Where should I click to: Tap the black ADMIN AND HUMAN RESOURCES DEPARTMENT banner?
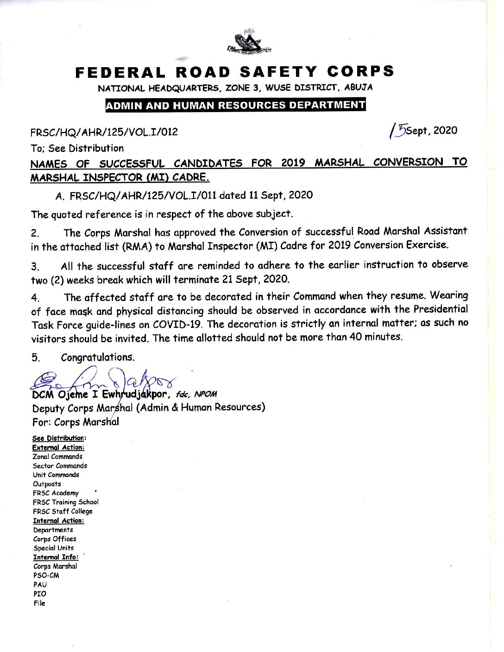[236, 105]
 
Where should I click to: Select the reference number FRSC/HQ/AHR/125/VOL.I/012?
[104, 132]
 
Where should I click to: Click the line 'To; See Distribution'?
[77, 149]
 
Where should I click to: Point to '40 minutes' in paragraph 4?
[375, 337]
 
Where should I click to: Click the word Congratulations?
[98, 357]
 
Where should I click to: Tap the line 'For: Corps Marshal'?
[76, 422]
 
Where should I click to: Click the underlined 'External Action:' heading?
[58, 447]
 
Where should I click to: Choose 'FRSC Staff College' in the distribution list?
[63, 511]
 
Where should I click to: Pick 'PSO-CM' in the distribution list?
[46, 576]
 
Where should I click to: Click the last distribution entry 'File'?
[39, 603]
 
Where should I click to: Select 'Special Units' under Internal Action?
[53, 548]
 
